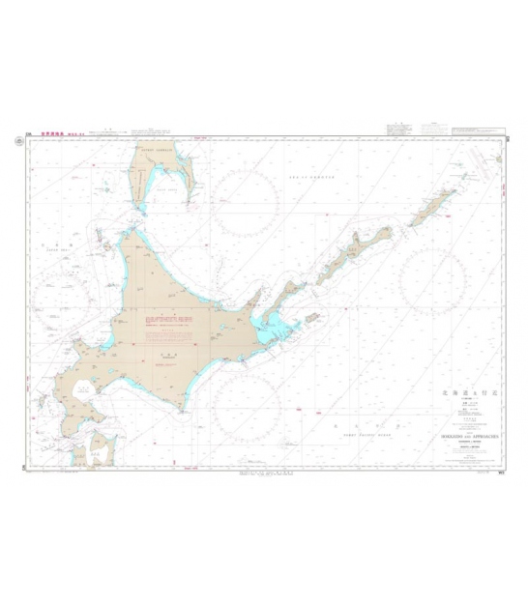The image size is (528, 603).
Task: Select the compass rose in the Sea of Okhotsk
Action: pos(246,202)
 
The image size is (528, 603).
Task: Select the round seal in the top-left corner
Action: pos(19,142)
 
